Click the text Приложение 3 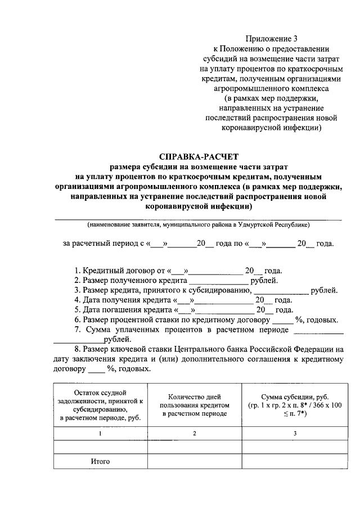[271, 39]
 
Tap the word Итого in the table [100, 461]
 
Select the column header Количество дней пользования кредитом [193, 405]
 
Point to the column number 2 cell [193, 434]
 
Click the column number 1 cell [100, 434]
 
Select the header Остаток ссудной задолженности [100, 404]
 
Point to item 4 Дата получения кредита [124, 300]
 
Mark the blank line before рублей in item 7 [79, 340]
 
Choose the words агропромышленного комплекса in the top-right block [271, 88]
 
